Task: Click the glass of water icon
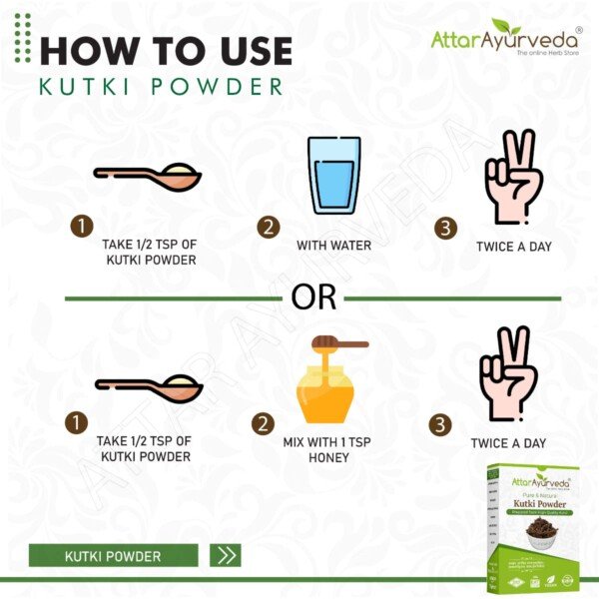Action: [332, 176]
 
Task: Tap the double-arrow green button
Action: [227, 555]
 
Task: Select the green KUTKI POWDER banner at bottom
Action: [113, 555]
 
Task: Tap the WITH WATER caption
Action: [333, 245]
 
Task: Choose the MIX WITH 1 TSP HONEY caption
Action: [329, 449]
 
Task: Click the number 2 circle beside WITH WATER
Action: [267, 228]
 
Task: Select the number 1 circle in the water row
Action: [81, 227]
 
